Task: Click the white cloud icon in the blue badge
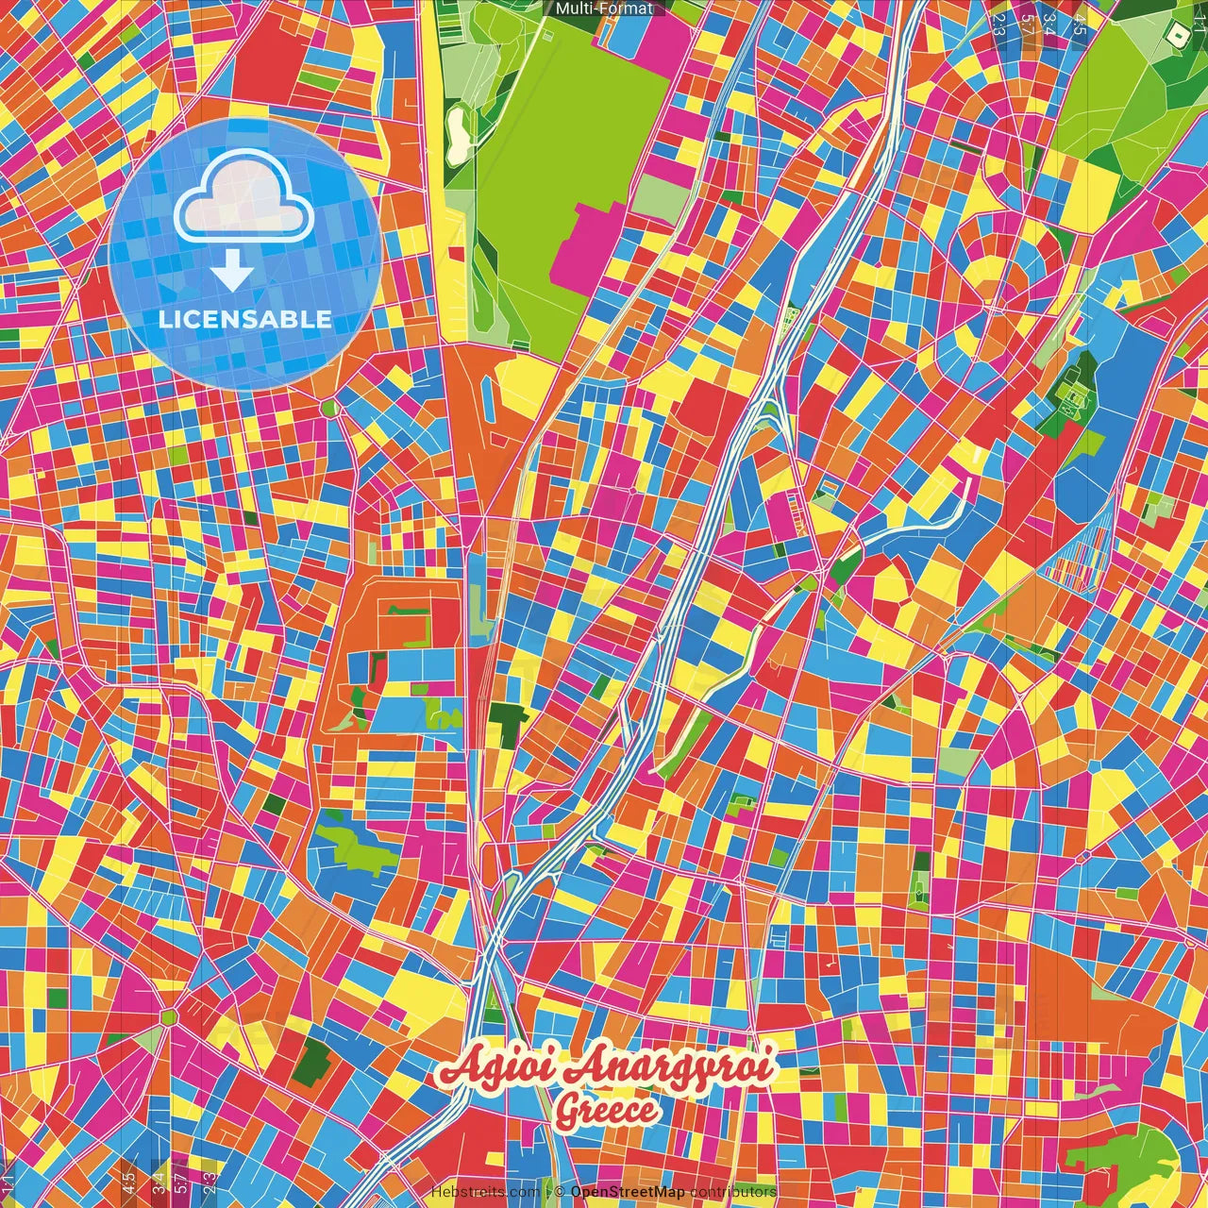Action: pos(243,197)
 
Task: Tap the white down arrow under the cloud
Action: pos(232,273)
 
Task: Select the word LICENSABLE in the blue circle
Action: pos(244,319)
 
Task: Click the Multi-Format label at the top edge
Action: pos(603,8)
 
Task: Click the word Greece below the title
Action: pos(606,1111)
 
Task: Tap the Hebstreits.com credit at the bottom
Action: pos(485,1192)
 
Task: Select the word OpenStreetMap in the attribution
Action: pos(628,1192)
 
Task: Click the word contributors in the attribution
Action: pos(732,1192)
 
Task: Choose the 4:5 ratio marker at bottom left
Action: pos(128,1180)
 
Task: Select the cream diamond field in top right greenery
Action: pos(1176,36)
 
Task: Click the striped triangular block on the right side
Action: pos(1079,557)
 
